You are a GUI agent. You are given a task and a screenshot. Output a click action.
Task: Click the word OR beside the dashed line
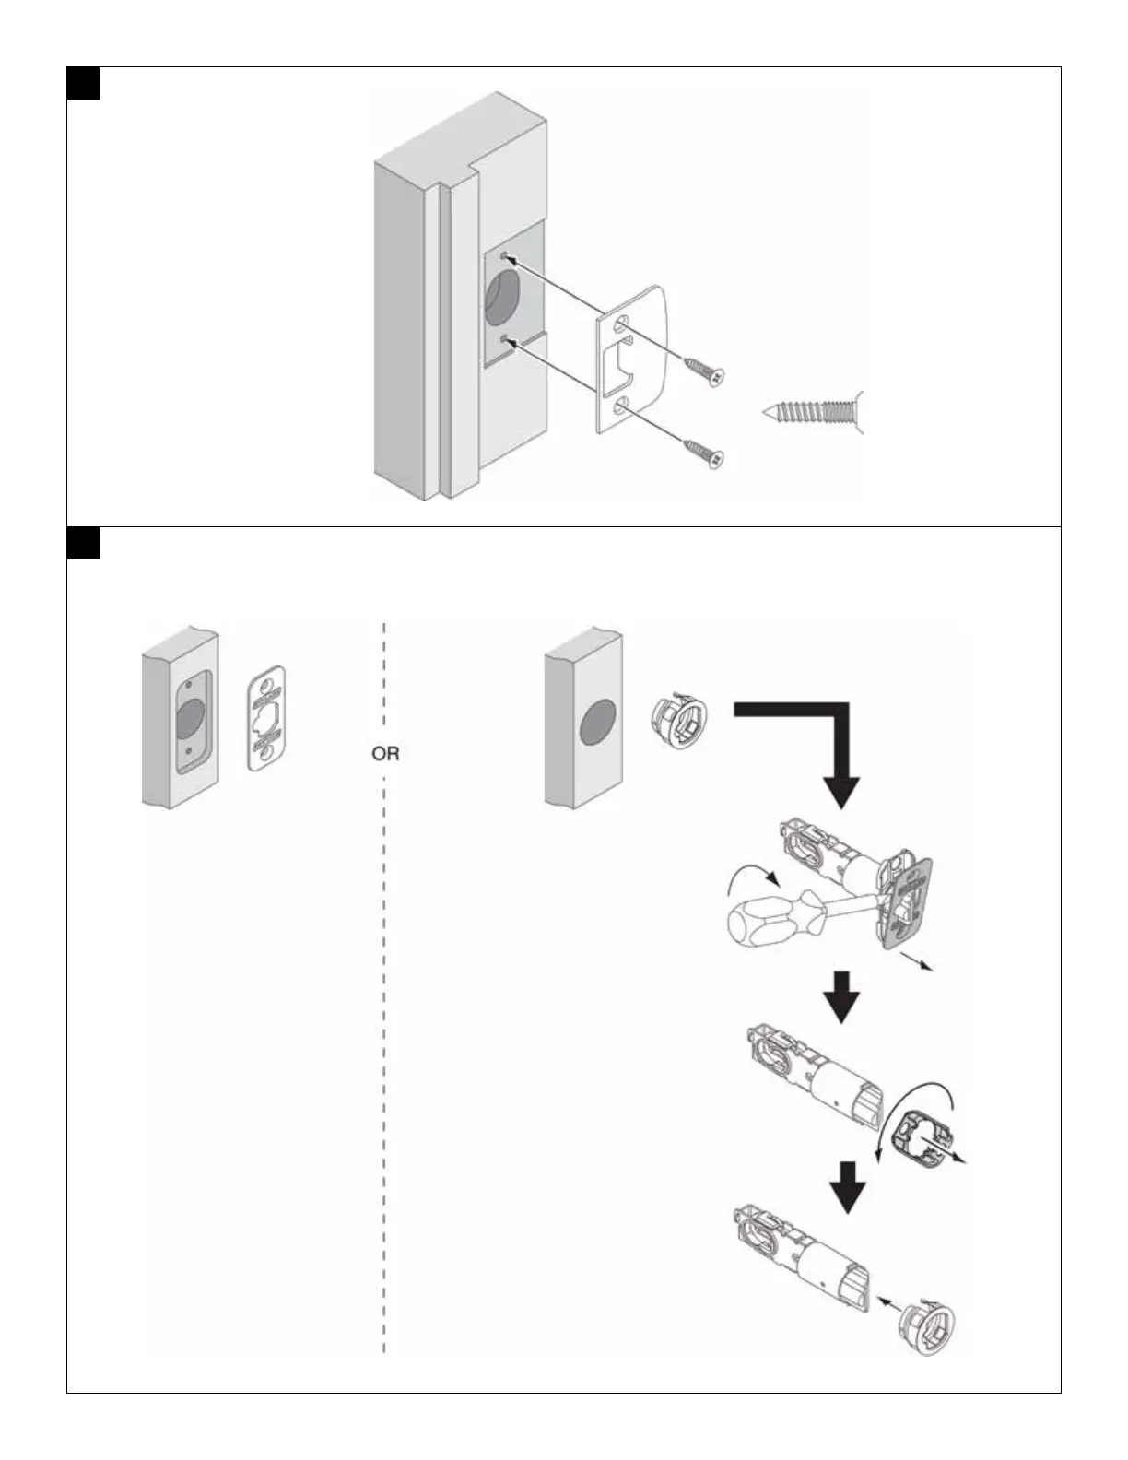click(385, 753)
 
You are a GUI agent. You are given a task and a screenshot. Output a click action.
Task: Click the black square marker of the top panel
click(83, 82)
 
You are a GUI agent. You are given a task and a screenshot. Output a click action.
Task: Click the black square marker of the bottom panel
click(83, 543)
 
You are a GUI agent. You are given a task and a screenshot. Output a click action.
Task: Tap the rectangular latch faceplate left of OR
click(265, 718)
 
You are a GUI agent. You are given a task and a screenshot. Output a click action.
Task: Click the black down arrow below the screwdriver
click(841, 995)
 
